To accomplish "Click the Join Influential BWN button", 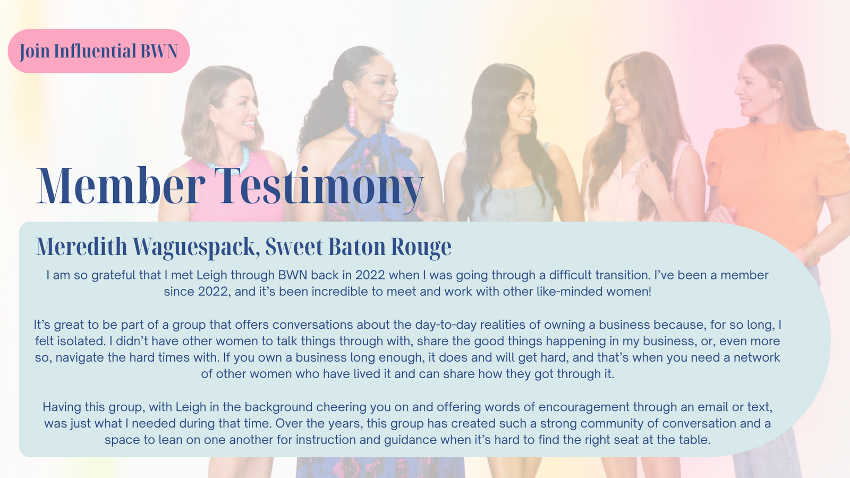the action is (99, 51).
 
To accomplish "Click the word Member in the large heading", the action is (121, 186).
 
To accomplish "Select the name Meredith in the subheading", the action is (82, 246).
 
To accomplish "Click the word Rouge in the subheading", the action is (421, 247).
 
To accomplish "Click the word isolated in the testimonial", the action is (81, 340).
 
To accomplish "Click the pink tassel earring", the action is (352, 114).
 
